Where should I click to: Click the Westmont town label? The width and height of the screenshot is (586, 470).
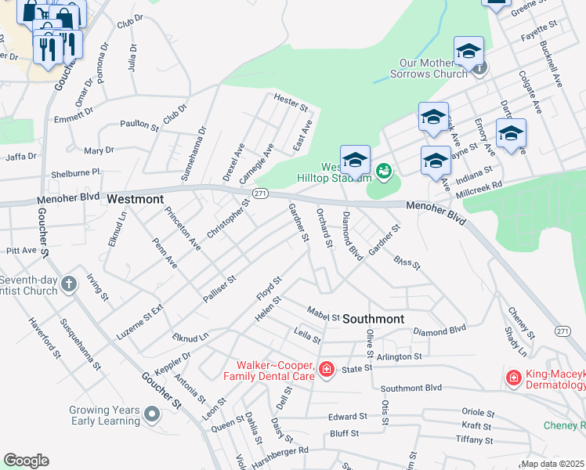(134, 199)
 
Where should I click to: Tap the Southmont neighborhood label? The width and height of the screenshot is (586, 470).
(373, 319)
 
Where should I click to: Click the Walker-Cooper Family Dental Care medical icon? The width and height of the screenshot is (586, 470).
(326, 369)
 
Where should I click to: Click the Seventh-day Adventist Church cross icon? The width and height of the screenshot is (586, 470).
(69, 284)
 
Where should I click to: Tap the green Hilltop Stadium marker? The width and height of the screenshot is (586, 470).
(384, 170)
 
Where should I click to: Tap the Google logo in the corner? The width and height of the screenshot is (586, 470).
(26, 461)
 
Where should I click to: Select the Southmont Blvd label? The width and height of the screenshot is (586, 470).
(411, 388)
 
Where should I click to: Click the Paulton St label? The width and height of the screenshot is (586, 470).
(139, 124)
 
